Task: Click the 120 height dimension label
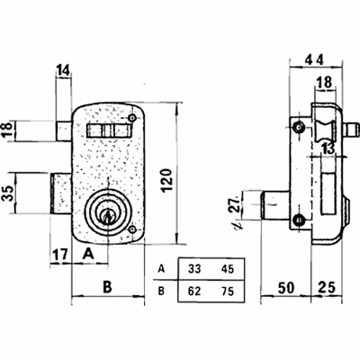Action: click(167, 180)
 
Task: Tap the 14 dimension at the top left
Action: click(63, 70)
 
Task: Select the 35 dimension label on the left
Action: click(8, 193)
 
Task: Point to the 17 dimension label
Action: click(60, 256)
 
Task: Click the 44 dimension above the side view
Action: click(314, 60)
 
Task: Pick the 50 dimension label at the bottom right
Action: click(286, 288)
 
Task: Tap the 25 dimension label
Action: click(326, 288)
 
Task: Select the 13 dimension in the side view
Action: click(328, 149)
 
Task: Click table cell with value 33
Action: click(194, 269)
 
